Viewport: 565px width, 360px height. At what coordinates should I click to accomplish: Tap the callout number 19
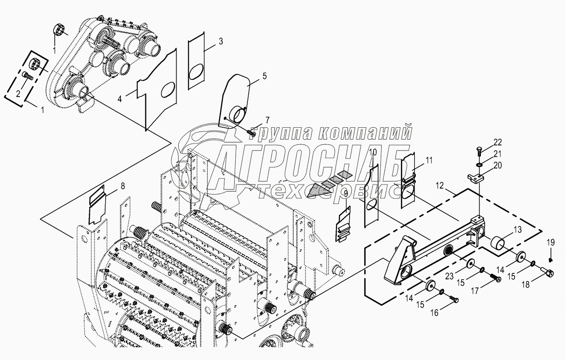pyautogui.click(x=550, y=243)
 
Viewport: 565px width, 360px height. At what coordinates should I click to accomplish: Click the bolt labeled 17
pyautogui.click(x=495, y=278)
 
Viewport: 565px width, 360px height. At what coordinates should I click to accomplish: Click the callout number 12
pyautogui.click(x=440, y=186)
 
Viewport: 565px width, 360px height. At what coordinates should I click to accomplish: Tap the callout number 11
pyautogui.click(x=429, y=161)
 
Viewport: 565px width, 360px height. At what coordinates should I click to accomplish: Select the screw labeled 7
pyautogui.click(x=251, y=133)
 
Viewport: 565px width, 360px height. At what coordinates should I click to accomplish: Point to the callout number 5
pyautogui.click(x=264, y=76)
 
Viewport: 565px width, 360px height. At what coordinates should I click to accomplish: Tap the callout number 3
pyautogui.click(x=221, y=41)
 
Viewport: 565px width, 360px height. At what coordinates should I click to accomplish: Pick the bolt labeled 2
pyautogui.click(x=28, y=77)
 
